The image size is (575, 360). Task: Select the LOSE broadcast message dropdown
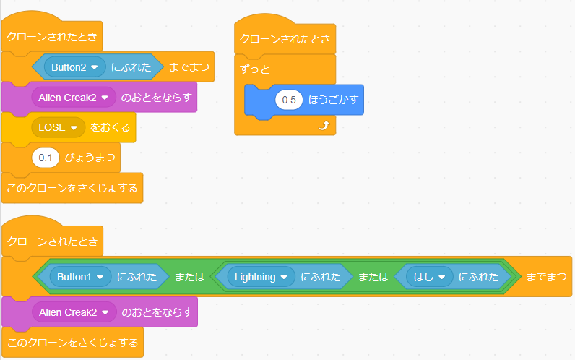(x=58, y=127)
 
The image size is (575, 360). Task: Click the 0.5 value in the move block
(x=289, y=100)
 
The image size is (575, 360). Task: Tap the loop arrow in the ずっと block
(x=324, y=126)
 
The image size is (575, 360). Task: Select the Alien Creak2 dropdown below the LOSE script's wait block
(x=74, y=97)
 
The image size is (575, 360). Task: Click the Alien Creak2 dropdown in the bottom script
(x=74, y=312)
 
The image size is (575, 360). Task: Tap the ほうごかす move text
(x=332, y=100)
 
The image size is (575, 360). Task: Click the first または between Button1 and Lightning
(x=191, y=276)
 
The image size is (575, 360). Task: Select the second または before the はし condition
(x=373, y=276)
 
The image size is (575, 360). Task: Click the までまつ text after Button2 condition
(x=189, y=67)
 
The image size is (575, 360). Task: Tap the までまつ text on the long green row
(x=546, y=276)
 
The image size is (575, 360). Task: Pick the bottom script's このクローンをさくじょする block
(x=72, y=340)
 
